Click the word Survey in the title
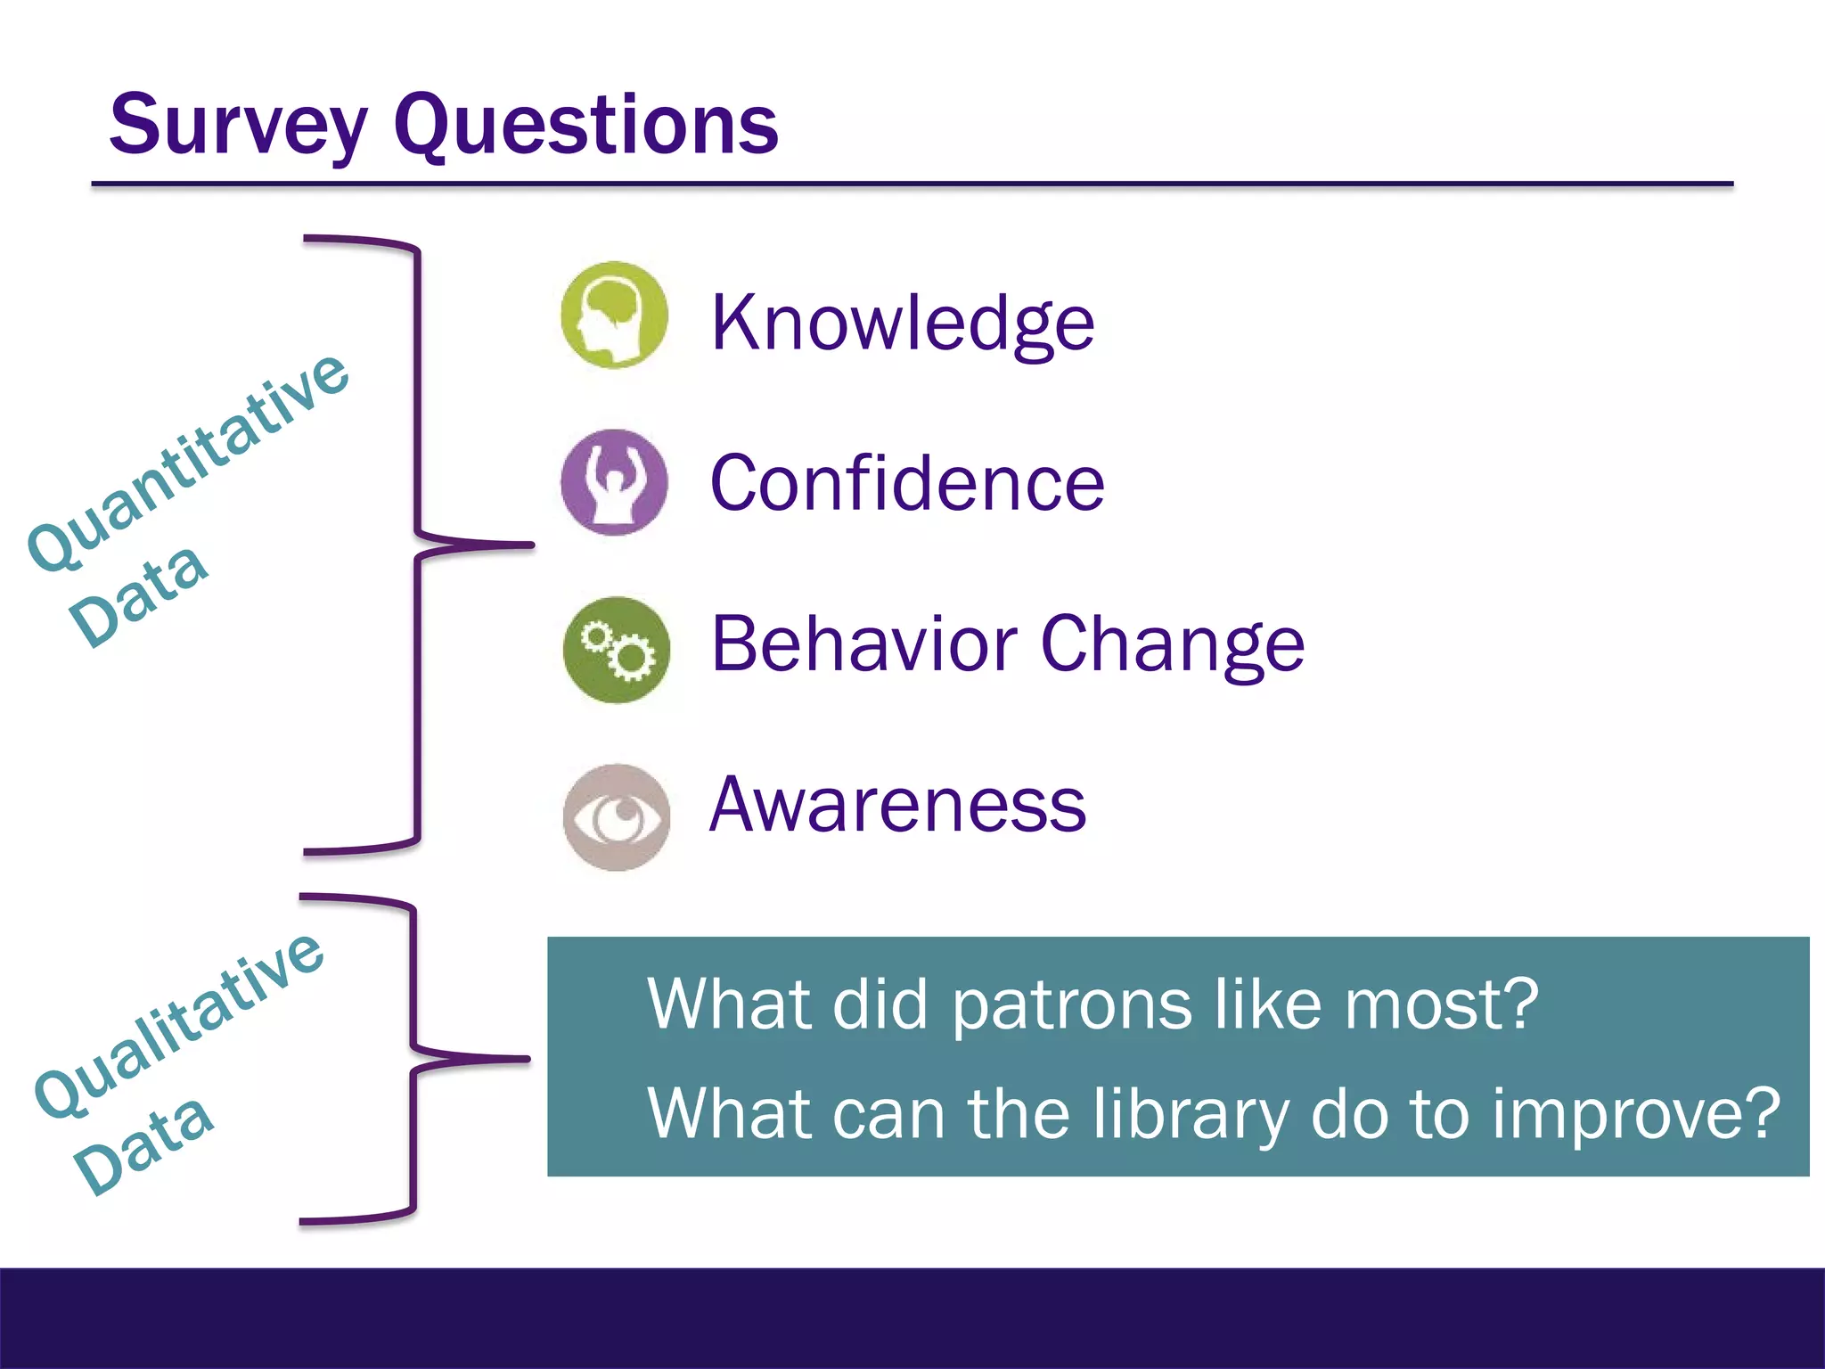[237, 126]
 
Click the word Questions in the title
[585, 126]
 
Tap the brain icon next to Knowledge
[614, 316]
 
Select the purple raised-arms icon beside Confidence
[614, 482]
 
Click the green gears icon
[616, 650]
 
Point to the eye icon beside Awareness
[616, 816]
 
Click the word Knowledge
[902, 323]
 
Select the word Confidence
[907, 483]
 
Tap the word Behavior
[863, 644]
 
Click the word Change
[1172, 645]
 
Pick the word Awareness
[897, 804]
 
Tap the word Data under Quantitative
[140, 594]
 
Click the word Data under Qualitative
[143, 1144]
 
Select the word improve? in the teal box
[1636, 1114]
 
